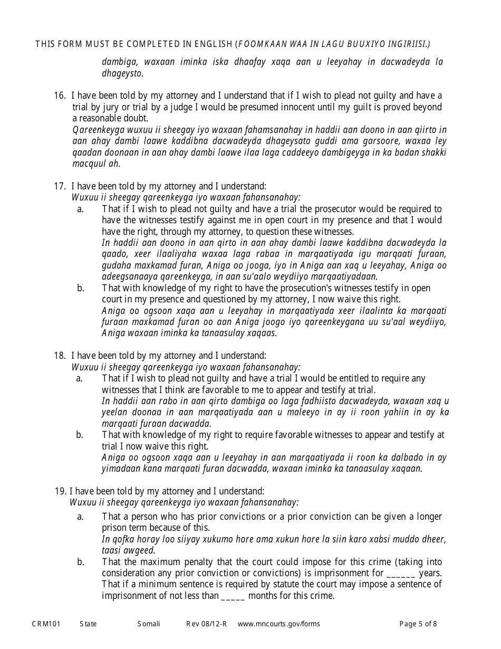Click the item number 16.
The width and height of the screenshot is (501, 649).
point(59,96)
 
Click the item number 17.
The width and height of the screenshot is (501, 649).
point(59,186)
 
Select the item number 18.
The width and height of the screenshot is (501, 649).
point(59,356)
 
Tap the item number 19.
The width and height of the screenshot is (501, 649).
point(60,491)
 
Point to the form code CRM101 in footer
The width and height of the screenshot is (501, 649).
point(46,624)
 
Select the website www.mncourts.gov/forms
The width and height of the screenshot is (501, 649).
point(278,624)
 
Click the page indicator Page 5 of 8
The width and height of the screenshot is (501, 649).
point(418,624)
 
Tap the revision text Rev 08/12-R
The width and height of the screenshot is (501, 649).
point(206,624)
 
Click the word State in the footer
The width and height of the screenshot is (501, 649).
point(88,624)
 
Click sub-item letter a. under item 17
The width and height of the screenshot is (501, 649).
point(80,209)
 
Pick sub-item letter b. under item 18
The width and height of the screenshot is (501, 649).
point(80,435)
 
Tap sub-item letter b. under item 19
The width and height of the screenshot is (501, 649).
point(80,562)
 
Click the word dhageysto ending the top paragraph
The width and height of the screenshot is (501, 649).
point(122,73)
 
